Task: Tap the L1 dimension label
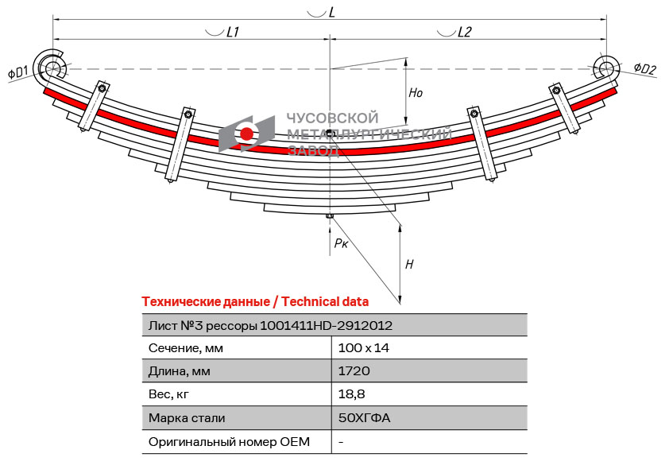click(233, 33)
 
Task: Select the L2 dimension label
click(464, 33)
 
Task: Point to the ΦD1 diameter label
click(18, 73)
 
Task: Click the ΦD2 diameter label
click(644, 69)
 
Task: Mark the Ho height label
click(416, 93)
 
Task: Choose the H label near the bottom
click(409, 264)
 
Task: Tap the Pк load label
click(341, 243)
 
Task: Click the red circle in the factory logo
click(247, 134)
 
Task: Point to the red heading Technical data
click(255, 301)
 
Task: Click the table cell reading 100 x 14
click(363, 348)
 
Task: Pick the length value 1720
click(354, 371)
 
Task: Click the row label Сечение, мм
click(186, 348)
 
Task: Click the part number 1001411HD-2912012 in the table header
click(326, 325)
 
